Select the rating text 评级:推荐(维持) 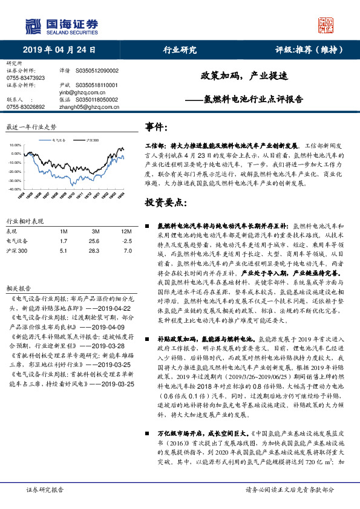306,50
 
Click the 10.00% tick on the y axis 15,146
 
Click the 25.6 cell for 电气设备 94,240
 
